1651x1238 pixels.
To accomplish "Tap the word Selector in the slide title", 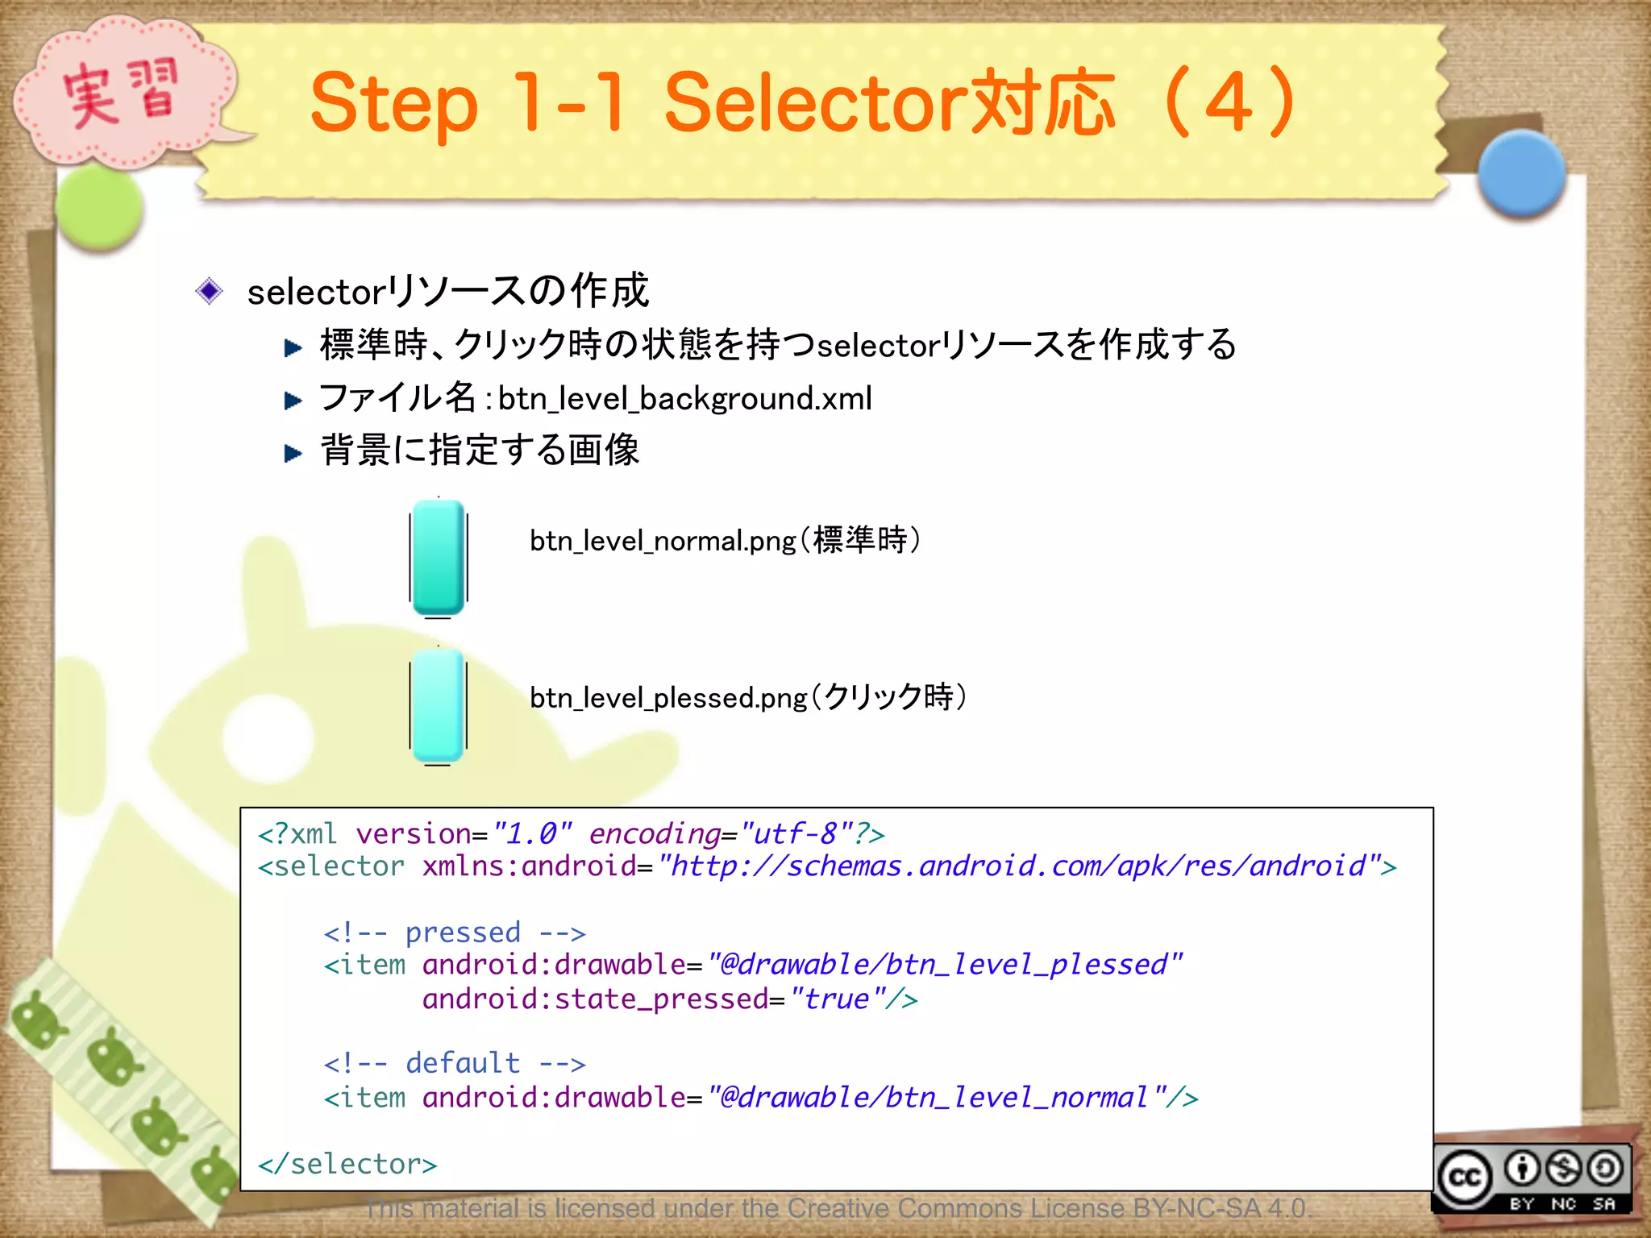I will coord(814,103).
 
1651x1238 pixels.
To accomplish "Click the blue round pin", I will coord(1521,174).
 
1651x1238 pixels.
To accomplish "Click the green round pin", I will coord(100,208).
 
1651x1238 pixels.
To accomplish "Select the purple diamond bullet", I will coord(210,291).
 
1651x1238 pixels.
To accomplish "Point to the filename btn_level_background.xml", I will coord(684,399).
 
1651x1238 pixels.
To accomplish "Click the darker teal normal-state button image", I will coord(439,557).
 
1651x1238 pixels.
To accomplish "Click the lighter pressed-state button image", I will coord(439,706).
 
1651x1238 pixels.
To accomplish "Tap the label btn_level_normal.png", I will coord(663,541).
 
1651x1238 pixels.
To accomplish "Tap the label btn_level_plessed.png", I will coord(668,698).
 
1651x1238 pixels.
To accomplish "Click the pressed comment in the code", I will coord(455,933).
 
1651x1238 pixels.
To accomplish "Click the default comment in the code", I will coord(455,1064).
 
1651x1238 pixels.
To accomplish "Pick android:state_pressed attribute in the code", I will coord(596,999).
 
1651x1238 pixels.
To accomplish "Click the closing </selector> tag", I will coord(347,1164).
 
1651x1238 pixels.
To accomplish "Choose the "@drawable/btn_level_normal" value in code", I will coord(935,1098).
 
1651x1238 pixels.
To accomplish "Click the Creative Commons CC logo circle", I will coord(1465,1178).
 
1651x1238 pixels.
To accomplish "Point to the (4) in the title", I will coord(1229,103).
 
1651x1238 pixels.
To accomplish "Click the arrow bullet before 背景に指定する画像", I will coord(293,453).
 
